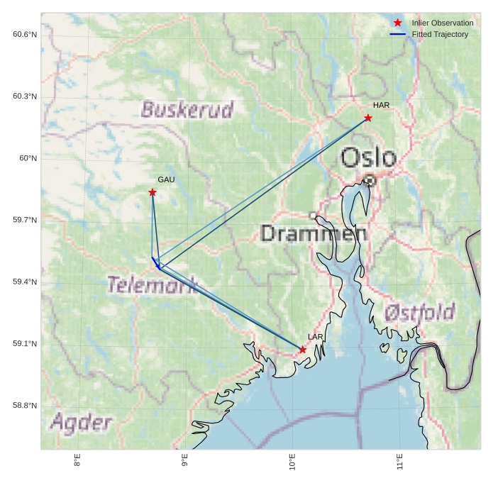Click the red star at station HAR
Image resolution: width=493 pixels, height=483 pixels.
click(368, 118)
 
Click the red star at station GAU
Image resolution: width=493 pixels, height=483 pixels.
click(153, 192)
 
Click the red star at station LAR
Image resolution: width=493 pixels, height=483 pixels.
click(303, 350)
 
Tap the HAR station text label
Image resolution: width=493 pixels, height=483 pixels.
click(381, 106)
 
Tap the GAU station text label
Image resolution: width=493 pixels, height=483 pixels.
click(166, 180)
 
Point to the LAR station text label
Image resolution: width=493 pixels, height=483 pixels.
click(316, 337)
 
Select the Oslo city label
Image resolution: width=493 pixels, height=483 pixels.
click(367, 157)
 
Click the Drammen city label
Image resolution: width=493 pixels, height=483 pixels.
click(314, 233)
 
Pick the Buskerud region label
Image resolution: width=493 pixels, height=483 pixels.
click(187, 110)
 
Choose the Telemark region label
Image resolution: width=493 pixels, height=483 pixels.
click(152, 285)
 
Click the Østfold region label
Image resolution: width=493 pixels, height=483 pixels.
click(419, 313)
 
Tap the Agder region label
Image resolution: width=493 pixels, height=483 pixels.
click(81, 423)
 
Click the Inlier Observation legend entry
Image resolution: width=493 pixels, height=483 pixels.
click(442, 23)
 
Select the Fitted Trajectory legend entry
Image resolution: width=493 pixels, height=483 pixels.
click(440, 34)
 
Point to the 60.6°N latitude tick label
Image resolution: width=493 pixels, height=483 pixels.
click(25, 34)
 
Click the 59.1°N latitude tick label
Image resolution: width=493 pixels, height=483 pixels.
click(25, 344)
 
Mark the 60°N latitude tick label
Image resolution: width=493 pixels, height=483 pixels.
click(28, 158)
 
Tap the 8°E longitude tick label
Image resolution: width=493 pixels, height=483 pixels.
click(77, 462)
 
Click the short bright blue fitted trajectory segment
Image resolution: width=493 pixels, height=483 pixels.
click(155, 262)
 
